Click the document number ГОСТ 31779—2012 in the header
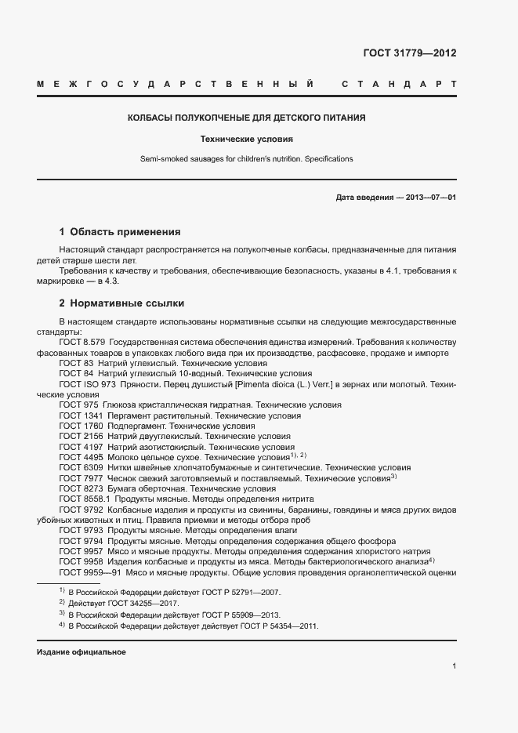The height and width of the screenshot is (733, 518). [x=409, y=54]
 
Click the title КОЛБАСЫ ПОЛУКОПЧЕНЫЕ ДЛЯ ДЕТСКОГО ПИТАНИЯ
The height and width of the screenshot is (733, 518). [x=247, y=118]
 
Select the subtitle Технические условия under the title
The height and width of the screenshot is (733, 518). [x=247, y=140]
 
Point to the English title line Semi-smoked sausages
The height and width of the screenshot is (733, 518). [x=247, y=159]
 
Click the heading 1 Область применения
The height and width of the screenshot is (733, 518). [x=120, y=232]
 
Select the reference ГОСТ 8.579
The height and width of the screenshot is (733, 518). [x=82, y=343]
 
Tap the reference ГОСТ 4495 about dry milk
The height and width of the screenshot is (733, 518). [x=82, y=456]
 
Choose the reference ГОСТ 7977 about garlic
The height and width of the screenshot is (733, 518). [x=82, y=477]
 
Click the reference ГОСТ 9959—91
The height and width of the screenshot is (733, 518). [x=87, y=572]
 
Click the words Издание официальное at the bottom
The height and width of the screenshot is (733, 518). [x=82, y=652]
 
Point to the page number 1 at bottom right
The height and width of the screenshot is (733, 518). [x=454, y=666]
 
